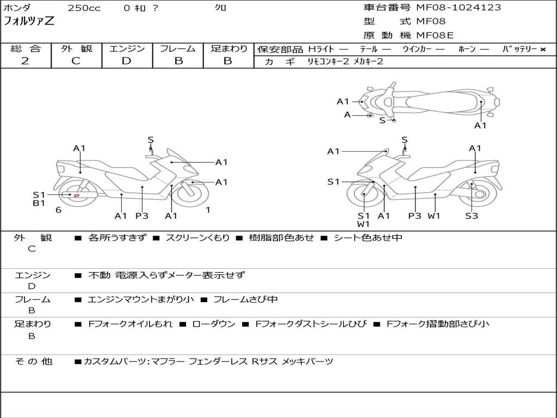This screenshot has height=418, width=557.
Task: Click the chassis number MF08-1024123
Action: coord(459,8)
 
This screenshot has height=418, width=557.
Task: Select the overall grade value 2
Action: coord(25,61)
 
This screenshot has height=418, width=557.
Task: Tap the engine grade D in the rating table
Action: coord(126,61)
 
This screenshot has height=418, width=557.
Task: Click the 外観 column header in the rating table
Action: coord(76,48)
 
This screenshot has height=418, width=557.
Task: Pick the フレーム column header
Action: coord(178,48)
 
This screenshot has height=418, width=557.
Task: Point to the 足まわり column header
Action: coord(228,48)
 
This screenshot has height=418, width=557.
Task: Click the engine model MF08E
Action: coord(435,36)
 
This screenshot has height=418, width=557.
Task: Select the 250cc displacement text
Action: coord(84,8)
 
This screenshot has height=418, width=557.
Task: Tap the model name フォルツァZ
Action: coord(29,22)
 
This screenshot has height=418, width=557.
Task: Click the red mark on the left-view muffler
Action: coord(77,195)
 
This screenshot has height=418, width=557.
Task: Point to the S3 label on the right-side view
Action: coord(471,216)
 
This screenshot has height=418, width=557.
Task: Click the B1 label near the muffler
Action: coord(39,204)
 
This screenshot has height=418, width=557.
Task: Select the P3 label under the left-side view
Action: coord(142,216)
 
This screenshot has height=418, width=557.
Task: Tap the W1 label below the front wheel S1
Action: coord(363,224)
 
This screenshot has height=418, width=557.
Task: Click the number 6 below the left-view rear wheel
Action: coord(58,210)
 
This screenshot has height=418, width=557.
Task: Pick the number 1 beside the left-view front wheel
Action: coord(208,210)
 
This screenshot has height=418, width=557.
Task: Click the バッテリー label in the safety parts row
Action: coord(519,49)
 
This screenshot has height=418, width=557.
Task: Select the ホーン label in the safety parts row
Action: coord(467,49)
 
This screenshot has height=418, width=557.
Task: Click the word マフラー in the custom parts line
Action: coord(167,361)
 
